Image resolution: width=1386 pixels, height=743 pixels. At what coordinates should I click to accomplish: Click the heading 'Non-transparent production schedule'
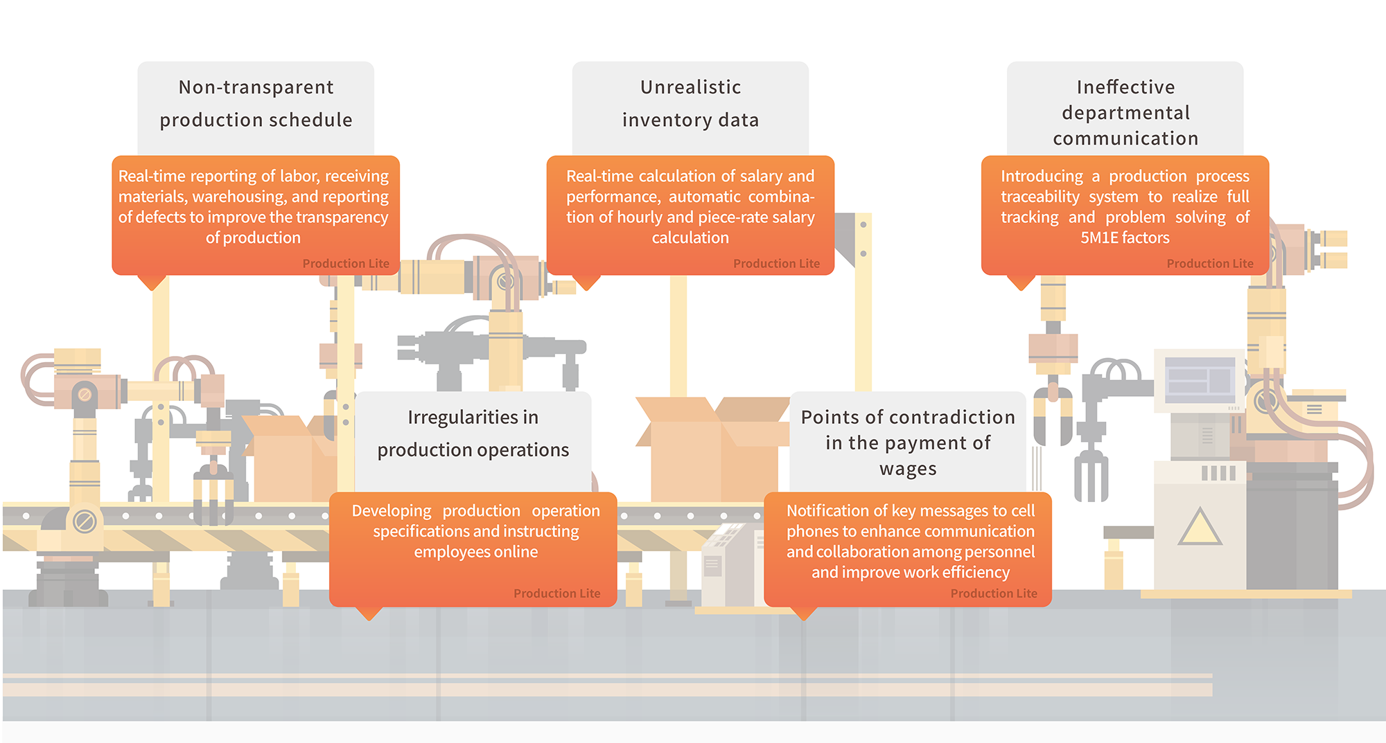point(256,104)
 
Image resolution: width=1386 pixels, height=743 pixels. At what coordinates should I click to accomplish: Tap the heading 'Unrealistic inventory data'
point(690,104)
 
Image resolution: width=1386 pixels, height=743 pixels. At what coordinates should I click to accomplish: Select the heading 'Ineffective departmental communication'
point(1125,112)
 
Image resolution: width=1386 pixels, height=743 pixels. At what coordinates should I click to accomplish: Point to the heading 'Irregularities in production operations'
point(473,433)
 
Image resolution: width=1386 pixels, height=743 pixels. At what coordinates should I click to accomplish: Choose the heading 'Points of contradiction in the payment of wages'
point(908,442)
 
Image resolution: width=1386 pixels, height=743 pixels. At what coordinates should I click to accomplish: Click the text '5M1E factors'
point(1125,238)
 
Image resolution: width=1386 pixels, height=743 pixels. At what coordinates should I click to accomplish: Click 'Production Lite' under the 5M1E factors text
point(1209,264)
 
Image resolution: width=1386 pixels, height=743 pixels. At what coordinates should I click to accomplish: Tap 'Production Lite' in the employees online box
point(556,593)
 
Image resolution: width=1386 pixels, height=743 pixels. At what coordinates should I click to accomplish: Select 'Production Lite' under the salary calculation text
point(776,264)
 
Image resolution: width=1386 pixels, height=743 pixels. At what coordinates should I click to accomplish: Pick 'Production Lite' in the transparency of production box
point(345,264)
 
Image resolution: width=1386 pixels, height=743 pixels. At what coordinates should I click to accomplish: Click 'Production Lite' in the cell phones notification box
point(993,593)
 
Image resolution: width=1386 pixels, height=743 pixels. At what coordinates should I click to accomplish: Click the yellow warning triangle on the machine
point(1200,528)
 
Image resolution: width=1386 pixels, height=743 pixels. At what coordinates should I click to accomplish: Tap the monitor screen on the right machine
point(1200,379)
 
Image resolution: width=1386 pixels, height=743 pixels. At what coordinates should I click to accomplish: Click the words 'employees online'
point(475,552)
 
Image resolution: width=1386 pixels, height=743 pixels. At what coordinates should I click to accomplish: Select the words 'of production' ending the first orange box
point(253,238)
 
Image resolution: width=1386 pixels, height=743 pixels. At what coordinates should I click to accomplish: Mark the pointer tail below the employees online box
point(369,613)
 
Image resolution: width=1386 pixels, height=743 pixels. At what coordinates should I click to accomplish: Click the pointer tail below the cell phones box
point(803,613)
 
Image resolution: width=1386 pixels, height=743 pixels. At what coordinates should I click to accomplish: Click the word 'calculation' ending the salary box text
point(690,238)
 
